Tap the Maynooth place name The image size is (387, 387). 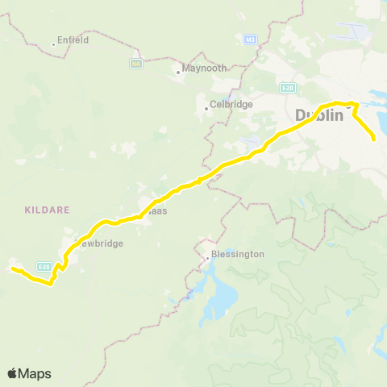point(206,69)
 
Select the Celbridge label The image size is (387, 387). point(233,105)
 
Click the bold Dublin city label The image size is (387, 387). point(320,115)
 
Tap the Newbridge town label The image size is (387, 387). point(99,243)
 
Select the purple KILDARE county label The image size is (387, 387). point(48,209)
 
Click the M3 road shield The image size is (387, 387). point(250,38)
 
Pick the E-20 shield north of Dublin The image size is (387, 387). point(289,86)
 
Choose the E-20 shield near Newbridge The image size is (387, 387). point(44,266)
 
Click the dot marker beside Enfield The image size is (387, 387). point(54,44)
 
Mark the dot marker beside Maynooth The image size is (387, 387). point(179,73)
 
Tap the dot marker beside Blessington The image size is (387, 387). point(209,258)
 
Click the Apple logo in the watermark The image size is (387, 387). point(13,373)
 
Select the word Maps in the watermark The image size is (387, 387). point(35,373)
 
